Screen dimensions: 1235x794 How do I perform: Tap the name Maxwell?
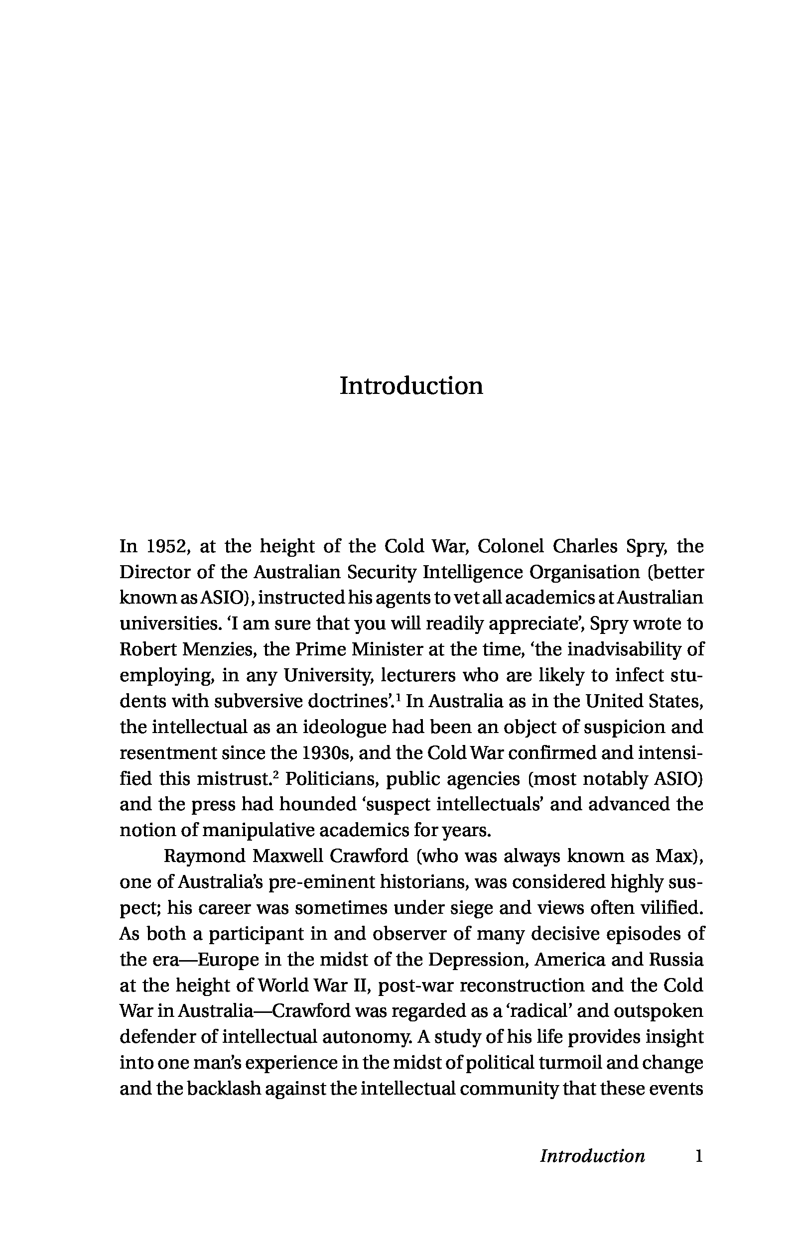point(288,856)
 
